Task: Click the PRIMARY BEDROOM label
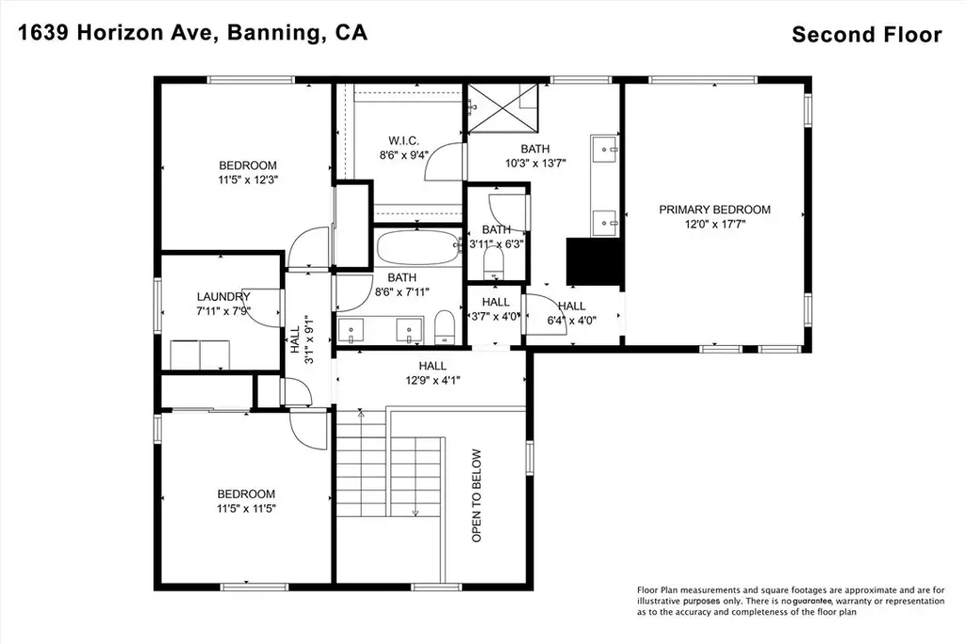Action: tap(714, 210)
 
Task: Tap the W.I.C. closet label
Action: tap(403, 141)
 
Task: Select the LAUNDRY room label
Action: tap(223, 297)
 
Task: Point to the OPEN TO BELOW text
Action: tap(476, 496)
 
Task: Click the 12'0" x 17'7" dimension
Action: tap(714, 224)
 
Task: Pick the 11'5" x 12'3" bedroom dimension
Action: tap(248, 180)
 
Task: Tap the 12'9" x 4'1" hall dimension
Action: tap(433, 381)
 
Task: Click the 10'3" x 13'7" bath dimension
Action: tap(535, 163)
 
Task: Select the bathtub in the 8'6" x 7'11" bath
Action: tap(417, 247)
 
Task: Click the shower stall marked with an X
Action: tap(503, 107)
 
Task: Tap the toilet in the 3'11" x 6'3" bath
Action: tap(494, 263)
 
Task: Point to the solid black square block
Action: tap(593, 261)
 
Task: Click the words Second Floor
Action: tap(867, 35)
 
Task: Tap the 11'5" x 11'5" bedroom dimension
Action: tap(246, 509)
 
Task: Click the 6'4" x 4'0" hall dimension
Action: tap(572, 321)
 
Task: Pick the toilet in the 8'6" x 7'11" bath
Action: tap(445, 327)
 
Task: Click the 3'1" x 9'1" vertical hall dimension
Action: tap(309, 339)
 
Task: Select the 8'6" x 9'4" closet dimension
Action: tap(403, 156)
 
